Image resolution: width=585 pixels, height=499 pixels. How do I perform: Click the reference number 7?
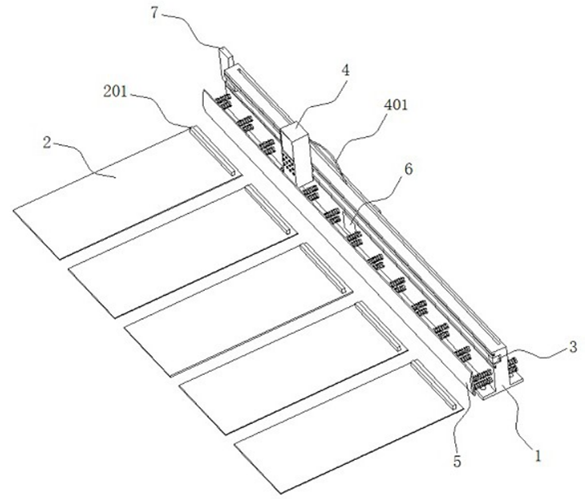pyautogui.click(x=155, y=13)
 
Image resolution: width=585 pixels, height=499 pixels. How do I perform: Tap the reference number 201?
pyautogui.click(x=115, y=92)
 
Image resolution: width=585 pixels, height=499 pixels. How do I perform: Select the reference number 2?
pyautogui.click(x=47, y=142)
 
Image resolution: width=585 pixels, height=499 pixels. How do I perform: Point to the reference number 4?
pyautogui.click(x=346, y=70)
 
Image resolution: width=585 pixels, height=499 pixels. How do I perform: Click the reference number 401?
pyautogui.click(x=396, y=105)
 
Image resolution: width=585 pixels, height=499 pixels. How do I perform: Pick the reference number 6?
pyautogui.click(x=408, y=169)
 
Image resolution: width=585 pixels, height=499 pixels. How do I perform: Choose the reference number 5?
pyautogui.click(x=457, y=462)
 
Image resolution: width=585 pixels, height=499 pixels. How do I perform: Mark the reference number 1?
pyautogui.click(x=538, y=456)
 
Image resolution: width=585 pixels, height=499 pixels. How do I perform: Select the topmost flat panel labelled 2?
pyautogui.click(x=127, y=192)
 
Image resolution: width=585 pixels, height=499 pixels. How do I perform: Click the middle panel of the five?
pyautogui.click(x=239, y=310)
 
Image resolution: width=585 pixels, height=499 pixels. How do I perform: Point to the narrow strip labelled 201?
pyautogui.click(x=214, y=150)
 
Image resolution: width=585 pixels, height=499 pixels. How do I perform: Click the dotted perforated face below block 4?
pyautogui.click(x=288, y=164)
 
